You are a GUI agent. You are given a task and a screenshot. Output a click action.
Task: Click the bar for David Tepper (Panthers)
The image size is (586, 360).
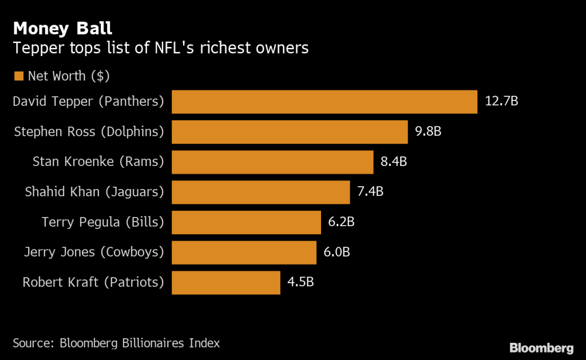[324, 102]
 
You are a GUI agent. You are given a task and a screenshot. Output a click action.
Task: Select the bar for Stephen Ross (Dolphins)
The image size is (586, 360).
[290, 132]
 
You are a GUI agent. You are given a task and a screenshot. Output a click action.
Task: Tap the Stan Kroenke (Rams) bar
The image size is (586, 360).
[272, 162]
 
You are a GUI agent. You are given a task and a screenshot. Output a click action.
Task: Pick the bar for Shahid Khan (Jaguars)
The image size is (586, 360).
[260, 192]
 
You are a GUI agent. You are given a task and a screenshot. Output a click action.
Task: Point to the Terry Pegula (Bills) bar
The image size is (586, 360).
[246, 222]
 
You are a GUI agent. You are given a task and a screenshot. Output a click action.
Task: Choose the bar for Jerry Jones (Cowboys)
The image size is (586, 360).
[244, 252]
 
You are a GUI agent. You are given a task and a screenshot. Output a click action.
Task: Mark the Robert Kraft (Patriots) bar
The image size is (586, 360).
[226, 283]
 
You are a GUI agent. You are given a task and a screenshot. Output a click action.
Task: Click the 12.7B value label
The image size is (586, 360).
[502, 102]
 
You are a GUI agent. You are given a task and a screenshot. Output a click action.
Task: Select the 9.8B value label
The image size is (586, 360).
[428, 132]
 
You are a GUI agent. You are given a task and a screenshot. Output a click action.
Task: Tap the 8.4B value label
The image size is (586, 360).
[394, 162]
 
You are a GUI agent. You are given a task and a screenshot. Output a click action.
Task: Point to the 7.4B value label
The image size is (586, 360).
[370, 192]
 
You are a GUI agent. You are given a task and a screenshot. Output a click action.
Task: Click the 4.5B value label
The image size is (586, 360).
[301, 282]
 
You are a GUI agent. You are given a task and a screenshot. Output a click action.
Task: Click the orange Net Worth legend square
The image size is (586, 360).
[18, 76]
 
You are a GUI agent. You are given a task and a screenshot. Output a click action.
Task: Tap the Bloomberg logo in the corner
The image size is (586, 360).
[541, 347]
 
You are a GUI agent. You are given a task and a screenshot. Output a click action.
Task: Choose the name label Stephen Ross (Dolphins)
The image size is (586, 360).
[89, 132]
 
